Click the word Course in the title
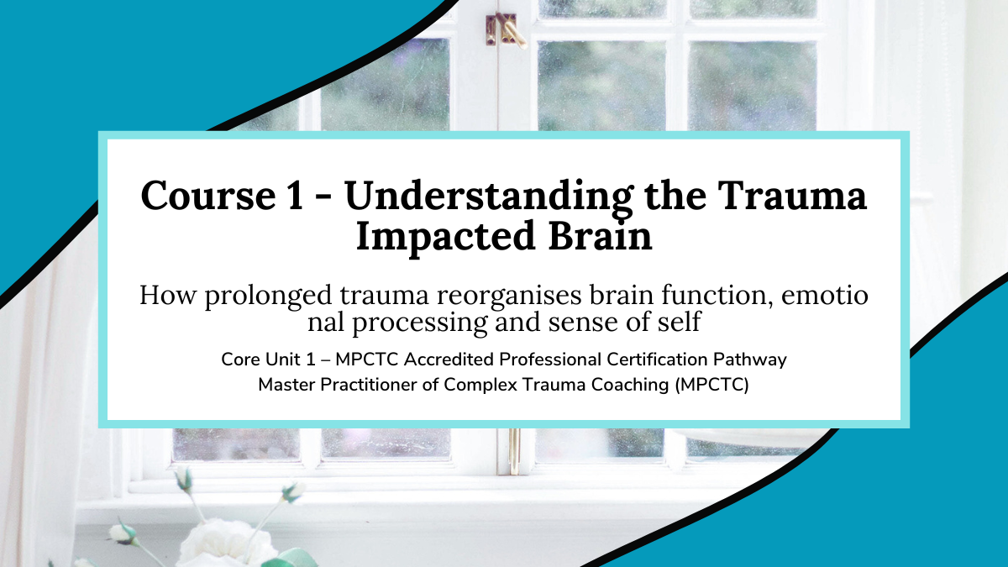pos(208,196)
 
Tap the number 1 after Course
pos(295,196)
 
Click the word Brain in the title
pos(601,236)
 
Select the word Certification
pos(657,360)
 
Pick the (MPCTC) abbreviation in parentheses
pos(712,386)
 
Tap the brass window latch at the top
pos(505,29)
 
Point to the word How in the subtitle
pos(168,296)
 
